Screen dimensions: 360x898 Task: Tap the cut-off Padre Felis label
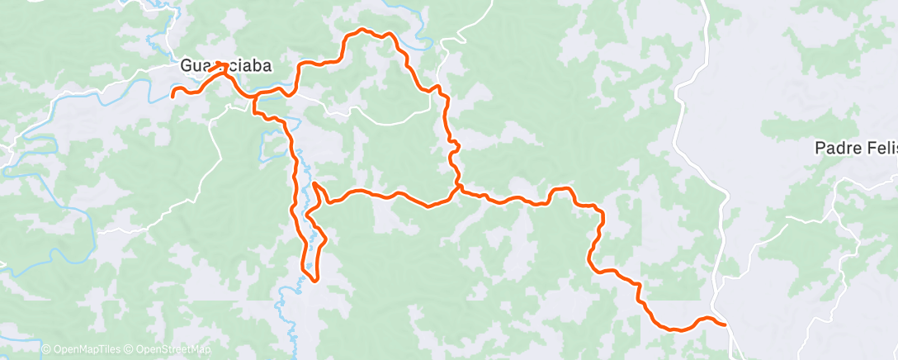click(855, 149)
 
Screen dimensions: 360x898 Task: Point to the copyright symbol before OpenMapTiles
click(46, 350)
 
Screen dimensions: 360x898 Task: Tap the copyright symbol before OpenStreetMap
click(130, 350)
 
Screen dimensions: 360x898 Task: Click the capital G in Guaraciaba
click(187, 66)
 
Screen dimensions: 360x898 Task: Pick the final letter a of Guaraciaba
click(267, 66)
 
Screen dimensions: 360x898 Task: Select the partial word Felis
click(878, 149)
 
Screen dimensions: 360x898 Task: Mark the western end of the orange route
click(173, 96)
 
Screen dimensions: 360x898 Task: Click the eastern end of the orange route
click(725, 324)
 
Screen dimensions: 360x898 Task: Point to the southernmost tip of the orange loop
click(314, 280)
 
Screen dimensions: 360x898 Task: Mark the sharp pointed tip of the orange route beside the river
click(314, 182)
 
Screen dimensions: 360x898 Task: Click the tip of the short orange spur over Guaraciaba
click(223, 64)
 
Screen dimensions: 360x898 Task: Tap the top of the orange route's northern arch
click(361, 31)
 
